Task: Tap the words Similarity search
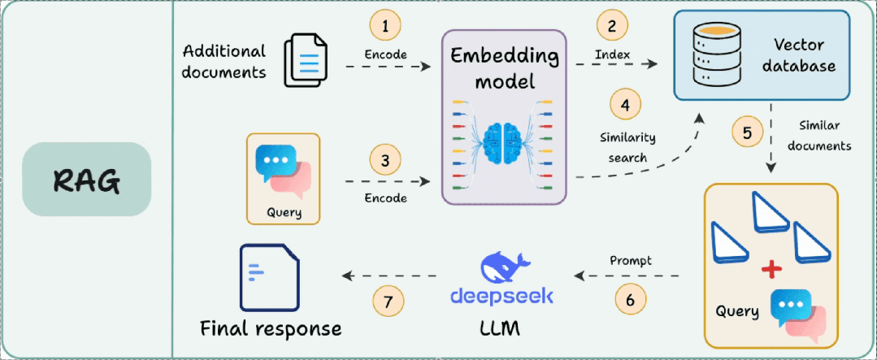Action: coord(627,147)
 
